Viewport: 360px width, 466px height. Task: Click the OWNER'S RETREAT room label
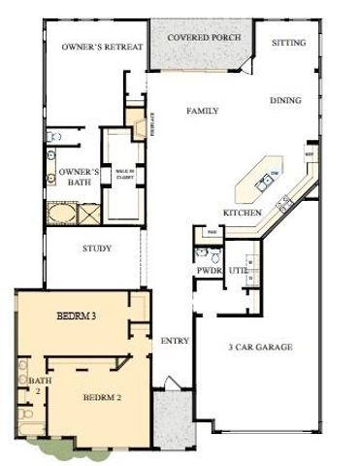pos(102,47)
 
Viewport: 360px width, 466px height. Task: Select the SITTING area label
pos(289,43)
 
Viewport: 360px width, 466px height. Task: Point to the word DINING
pos(285,99)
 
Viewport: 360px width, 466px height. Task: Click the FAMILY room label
pos(203,112)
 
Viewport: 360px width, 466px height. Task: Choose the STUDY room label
pos(97,249)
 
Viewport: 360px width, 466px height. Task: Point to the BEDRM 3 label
pos(77,316)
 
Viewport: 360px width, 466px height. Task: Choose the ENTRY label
pos(174,341)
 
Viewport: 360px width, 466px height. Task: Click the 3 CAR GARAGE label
pos(260,347)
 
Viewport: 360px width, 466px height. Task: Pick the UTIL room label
pos(238,270)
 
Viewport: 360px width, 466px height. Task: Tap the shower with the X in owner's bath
pos(86,213)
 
